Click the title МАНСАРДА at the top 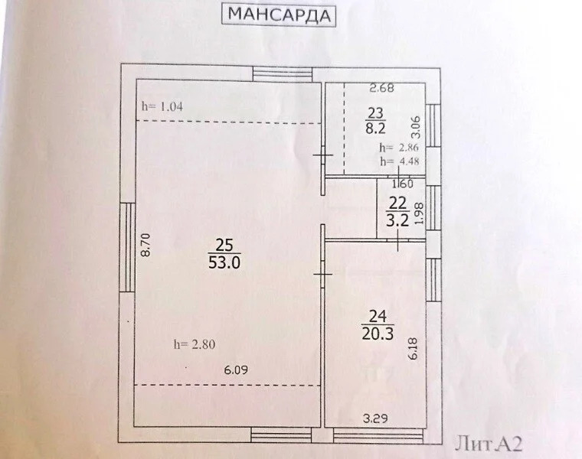[280, 15]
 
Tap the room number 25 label [224, 246]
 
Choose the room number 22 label [397, 203]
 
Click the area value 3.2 [397, 221]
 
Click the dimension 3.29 [375, 418]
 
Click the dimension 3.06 [416, 122]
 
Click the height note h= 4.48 [398, 161]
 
